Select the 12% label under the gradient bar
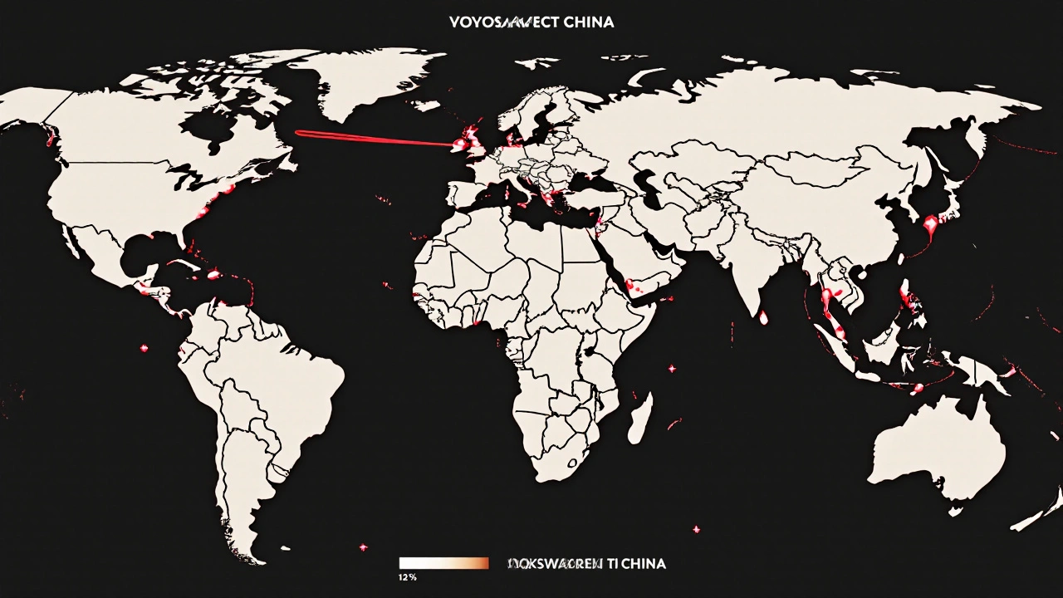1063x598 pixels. tap(407, 576)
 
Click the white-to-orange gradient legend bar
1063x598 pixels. tap(443, 563)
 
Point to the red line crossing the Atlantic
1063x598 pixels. tap(374, 138)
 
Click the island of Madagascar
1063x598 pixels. tap(638, 418)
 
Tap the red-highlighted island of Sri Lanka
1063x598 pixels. tap(763, 316)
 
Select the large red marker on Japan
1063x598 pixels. tap(931, 223)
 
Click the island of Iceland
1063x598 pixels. tap(424, 105)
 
